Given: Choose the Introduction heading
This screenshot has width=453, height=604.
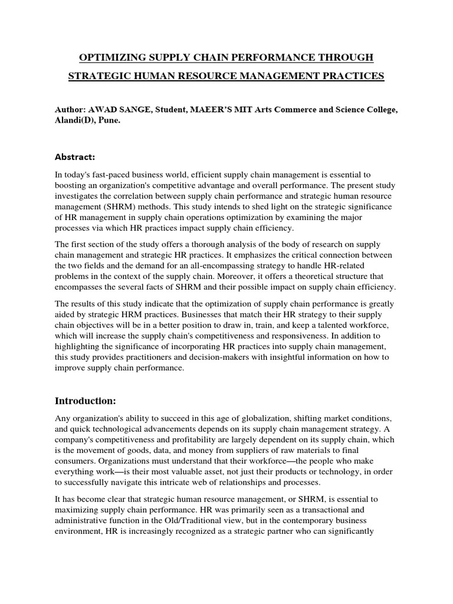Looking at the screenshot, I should (x=86, y=401).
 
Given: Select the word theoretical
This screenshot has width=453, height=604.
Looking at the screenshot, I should (x=317, y=277).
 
